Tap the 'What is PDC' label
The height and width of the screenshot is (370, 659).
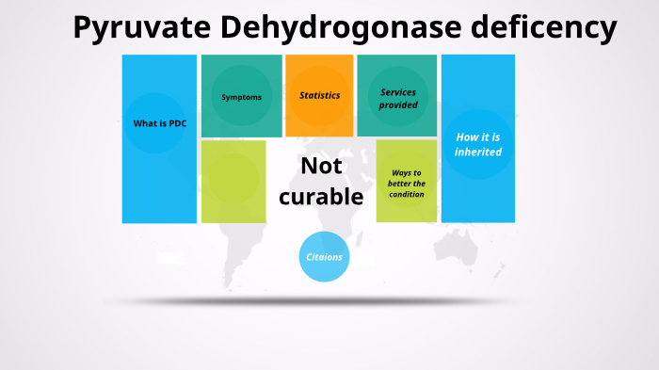tap(159, 123)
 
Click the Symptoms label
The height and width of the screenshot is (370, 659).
tap(241, 97)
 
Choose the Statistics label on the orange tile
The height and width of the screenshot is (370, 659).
tap(320, 96)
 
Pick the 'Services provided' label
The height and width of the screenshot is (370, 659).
tap(398, 99)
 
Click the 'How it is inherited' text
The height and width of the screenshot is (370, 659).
tap(478, 144)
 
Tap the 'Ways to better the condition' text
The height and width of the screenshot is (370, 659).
tap(407, 184)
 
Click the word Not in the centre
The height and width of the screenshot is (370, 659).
tap(321, 166)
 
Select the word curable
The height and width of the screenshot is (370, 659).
tap(321, 196)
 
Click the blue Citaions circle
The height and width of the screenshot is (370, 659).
tap(324, 256)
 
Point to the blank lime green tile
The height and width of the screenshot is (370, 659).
tap(233, 182)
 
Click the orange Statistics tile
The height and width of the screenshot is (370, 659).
tap(319, 118)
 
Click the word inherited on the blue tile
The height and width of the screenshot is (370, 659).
tap(478, 152)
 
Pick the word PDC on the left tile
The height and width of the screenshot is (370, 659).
tap(177, 123)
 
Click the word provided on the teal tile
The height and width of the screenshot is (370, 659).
tap(398, 105)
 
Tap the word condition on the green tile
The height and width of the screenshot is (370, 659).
tap(407, 195)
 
